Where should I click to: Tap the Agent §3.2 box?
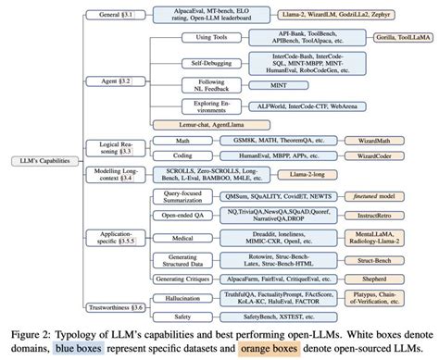(111, 81)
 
